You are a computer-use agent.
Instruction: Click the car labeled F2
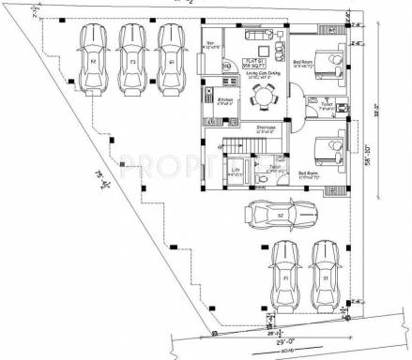(x=93, y=58)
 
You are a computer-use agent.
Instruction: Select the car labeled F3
(x=132, y=58)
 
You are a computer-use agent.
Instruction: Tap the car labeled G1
(x=171, y=58)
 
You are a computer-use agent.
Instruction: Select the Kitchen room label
(x=225, y=100)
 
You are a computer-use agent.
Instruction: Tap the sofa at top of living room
(x=258, y=35)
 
